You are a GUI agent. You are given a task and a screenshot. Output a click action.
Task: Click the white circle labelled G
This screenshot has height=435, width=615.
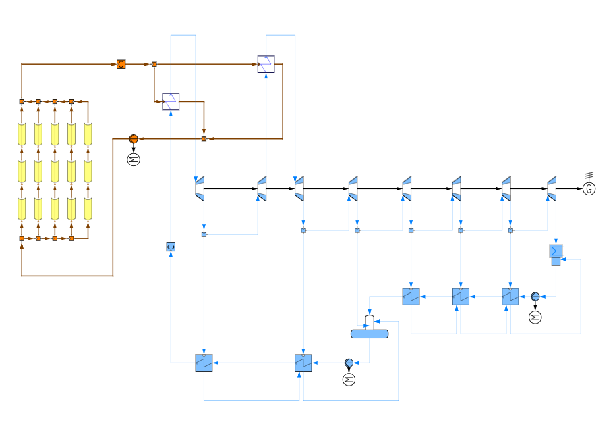589,189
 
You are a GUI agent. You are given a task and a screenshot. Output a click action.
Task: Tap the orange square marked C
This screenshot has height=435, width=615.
121,64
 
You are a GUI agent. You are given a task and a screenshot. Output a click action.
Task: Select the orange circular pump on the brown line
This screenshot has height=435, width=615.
134,139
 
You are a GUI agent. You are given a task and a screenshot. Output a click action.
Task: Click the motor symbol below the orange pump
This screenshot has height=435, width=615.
134,159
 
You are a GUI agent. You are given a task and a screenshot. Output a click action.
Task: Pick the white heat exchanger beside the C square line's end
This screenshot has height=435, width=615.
266,64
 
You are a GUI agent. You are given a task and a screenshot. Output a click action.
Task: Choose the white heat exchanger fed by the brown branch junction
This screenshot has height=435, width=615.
171,101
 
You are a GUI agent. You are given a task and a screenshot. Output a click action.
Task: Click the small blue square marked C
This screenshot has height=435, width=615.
171,247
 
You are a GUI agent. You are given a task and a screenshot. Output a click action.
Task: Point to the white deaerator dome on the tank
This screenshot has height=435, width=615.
370,322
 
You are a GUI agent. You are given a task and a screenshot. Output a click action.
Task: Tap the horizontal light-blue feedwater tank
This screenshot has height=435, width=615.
370,334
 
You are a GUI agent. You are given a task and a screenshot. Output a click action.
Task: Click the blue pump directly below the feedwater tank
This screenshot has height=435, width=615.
349,363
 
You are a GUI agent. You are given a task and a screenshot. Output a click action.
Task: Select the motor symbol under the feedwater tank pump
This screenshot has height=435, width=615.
349,380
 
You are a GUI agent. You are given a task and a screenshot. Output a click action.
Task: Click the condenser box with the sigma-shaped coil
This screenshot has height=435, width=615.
556,251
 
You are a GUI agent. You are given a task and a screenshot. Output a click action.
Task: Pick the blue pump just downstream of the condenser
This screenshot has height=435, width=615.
535,297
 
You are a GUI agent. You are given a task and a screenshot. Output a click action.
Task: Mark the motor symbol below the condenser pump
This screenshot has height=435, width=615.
535,317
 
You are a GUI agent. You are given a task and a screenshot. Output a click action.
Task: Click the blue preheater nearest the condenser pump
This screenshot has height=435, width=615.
510,297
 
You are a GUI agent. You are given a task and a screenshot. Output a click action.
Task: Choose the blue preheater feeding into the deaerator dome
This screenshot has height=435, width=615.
411,297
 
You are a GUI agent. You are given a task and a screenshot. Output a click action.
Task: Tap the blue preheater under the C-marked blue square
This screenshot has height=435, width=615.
204,363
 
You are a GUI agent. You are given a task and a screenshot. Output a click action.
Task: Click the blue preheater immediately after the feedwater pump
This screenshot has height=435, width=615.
303,363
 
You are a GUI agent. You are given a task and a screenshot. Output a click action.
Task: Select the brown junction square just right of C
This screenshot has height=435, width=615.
154,64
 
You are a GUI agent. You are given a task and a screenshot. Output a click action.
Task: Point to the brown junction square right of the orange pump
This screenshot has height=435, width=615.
204,139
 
